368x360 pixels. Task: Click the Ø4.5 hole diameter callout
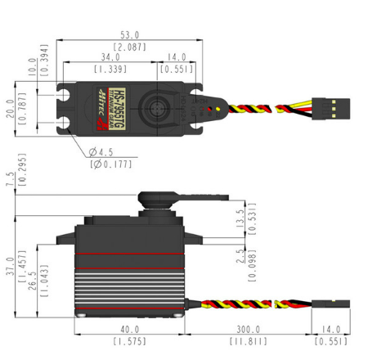tap(102, 151)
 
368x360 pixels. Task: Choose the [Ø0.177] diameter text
tap(108, 164)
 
